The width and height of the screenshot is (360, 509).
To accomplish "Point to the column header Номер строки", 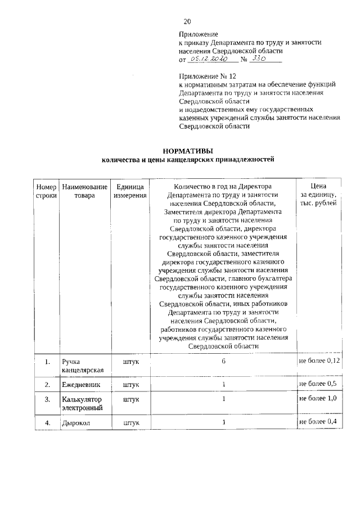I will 46,191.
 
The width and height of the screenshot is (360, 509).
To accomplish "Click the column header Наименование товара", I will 84,191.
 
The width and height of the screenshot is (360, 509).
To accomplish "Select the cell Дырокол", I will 76,422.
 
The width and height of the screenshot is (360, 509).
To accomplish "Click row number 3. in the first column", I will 47,399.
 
